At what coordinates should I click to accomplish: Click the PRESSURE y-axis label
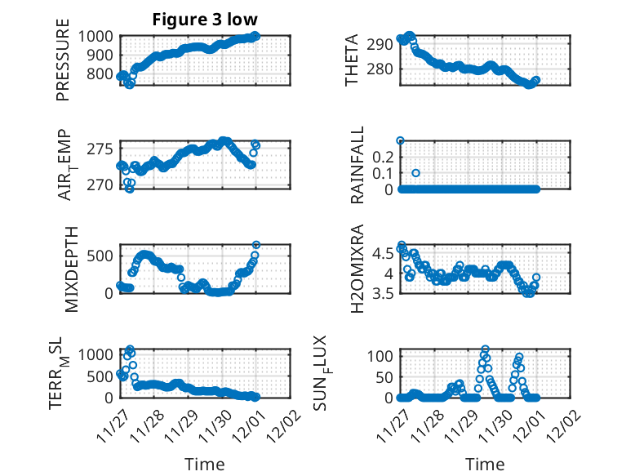pos(64,66)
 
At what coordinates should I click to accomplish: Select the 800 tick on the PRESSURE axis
pos(104,73)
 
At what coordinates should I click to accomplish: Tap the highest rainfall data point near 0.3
pos(400,140)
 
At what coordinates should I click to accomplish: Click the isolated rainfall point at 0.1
pos(415,173)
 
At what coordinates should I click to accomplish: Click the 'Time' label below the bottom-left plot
pos(205,464)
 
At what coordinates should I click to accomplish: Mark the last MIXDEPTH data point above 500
pos(256,245)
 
